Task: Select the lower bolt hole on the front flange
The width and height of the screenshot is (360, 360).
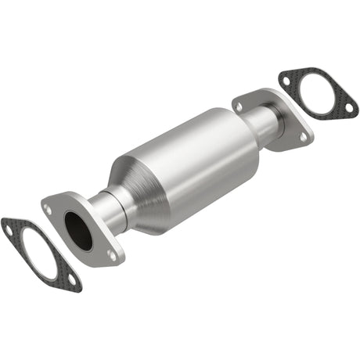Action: pos(112,254)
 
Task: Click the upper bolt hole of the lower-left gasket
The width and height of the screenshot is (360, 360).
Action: pos(9,229)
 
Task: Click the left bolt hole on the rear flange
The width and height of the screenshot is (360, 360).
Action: pos(239,105)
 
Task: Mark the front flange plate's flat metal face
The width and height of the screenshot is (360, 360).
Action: pos(94,250)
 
